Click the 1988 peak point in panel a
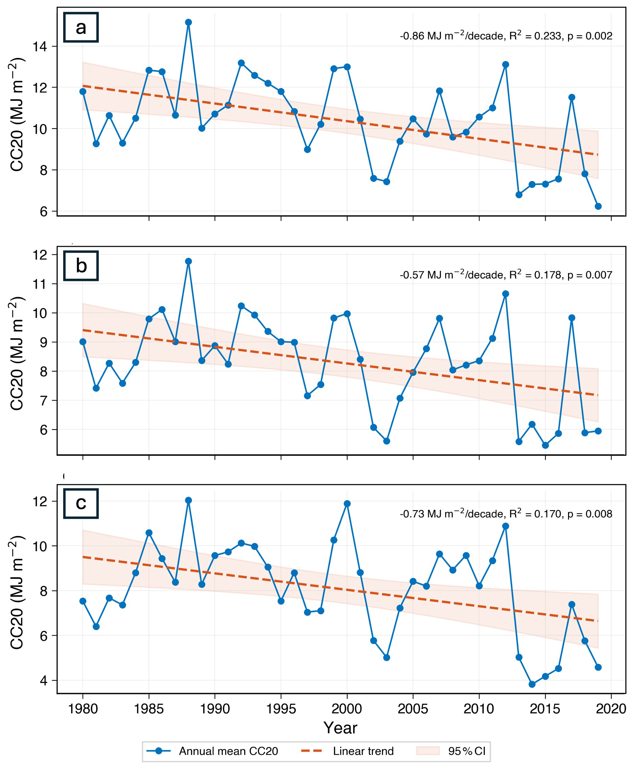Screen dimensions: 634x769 click(x=189, y=22)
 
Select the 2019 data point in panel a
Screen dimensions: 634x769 click(x=598, y=206)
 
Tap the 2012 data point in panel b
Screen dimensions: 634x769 click(x=506, y=294)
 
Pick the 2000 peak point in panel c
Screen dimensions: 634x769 click(x=347, y=504)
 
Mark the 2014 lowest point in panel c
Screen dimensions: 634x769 click(x=532, y=684)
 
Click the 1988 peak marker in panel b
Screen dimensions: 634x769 click(x=189, y=261)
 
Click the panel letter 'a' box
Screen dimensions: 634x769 click(x=81, y=27)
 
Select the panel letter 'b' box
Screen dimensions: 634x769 click(x=81, y=266)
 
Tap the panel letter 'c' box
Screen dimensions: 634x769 click(x=81, y=503)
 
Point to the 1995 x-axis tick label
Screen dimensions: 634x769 click(x=281, y=709)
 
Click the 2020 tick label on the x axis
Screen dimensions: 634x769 click(x=611, y=709)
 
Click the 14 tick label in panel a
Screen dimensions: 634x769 click(x=40, y=46)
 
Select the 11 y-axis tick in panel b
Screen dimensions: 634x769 click(x=40, y=284)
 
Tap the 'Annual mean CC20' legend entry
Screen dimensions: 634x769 click(x=212, y=751)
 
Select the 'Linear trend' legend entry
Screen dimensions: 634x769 click(x=347, y=751)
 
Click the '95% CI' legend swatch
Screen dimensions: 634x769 click(x=428, y=751)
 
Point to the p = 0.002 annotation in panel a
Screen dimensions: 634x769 click(x=590, y=36)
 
